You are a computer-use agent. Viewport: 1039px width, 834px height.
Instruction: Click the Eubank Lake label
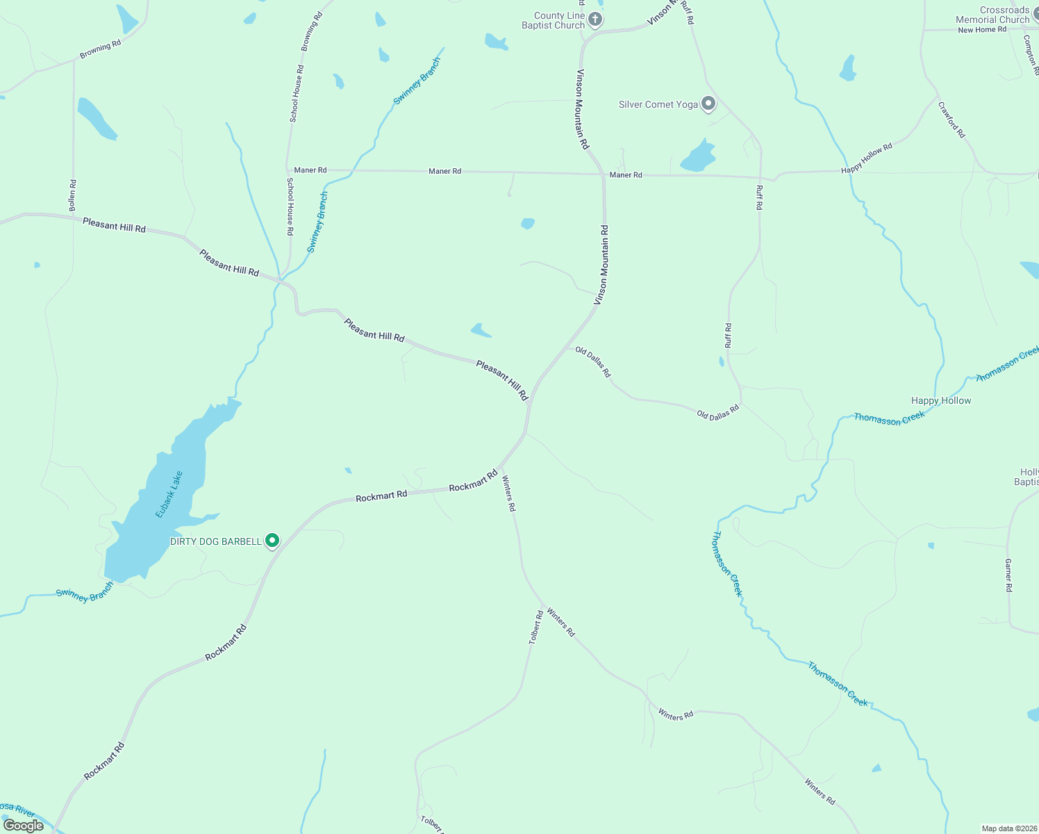tap(169, 494)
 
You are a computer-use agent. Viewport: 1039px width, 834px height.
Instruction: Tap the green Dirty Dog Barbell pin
tap(273, 540)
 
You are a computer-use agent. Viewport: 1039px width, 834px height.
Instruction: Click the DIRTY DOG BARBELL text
tap(216, 541)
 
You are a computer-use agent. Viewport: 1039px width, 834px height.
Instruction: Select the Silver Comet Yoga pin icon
tap(708, 104)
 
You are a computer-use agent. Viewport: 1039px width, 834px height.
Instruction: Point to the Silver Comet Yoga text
tap(658, 104)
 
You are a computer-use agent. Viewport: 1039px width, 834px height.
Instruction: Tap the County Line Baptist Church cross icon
tap(595, 19)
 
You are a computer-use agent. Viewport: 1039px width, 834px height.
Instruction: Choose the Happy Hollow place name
tap(941, 400)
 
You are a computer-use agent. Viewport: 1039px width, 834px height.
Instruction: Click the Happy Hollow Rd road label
tap(866, 159)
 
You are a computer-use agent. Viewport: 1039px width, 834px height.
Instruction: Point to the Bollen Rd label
tap(72, 195)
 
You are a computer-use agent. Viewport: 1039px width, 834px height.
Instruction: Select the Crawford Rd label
tap(951, 120)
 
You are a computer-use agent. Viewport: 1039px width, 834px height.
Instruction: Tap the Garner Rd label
tap(1008, 575)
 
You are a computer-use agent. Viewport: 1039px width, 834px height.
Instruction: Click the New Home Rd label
tap(981, 30)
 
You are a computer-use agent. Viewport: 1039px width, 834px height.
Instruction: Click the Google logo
tap(23, 826)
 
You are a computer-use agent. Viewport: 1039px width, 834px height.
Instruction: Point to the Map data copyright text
tap(1008, 828)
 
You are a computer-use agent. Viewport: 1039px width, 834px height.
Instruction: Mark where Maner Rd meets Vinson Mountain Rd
tap(604, 174)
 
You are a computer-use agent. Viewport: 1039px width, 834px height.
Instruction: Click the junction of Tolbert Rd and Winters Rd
tap(544, 605)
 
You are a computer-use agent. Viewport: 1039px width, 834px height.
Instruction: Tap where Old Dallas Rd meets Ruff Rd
tap(741, 404)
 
